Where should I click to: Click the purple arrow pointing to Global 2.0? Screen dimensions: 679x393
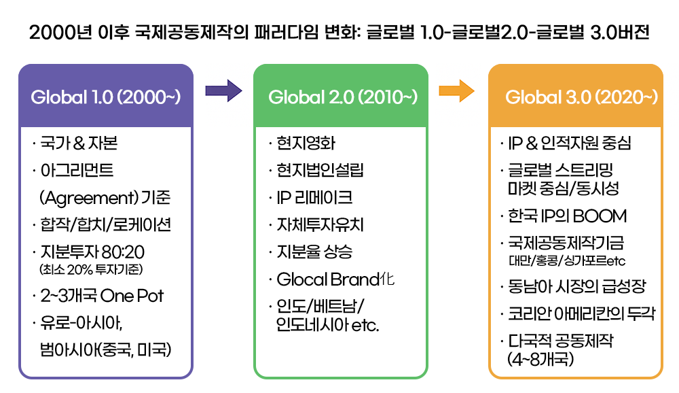click(x=223, y=90)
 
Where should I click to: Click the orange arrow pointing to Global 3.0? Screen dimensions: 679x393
click(x=456, y=90)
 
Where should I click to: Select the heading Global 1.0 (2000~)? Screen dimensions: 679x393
click(x=106, y=97)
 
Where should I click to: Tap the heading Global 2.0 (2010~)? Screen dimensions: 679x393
click(x=343, y=97)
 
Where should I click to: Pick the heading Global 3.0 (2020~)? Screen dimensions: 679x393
click(x=582, y=97)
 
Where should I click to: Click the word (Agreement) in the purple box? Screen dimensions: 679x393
click(x=89, y=198)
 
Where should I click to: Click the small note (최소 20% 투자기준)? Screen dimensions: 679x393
click(x=91, y=270)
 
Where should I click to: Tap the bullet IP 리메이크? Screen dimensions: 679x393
click(x=311, y=198)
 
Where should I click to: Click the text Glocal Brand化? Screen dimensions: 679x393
click(x=332, y=279)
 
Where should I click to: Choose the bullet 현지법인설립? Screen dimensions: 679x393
click(x=316, y=170)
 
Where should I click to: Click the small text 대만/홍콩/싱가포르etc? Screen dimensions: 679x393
click(x=567, y=260)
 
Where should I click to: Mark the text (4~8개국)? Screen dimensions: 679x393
click(x=541, y=359)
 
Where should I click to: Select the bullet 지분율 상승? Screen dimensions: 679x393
click(x=311, y=252)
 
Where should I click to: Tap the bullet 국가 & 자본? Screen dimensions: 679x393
click(x=75, y=143)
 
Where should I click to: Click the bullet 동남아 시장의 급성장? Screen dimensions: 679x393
click(x=573, y=286)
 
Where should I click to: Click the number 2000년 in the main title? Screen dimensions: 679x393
click(x=60, y=33)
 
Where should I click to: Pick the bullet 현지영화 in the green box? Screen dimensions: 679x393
click(x=302, y=143)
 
